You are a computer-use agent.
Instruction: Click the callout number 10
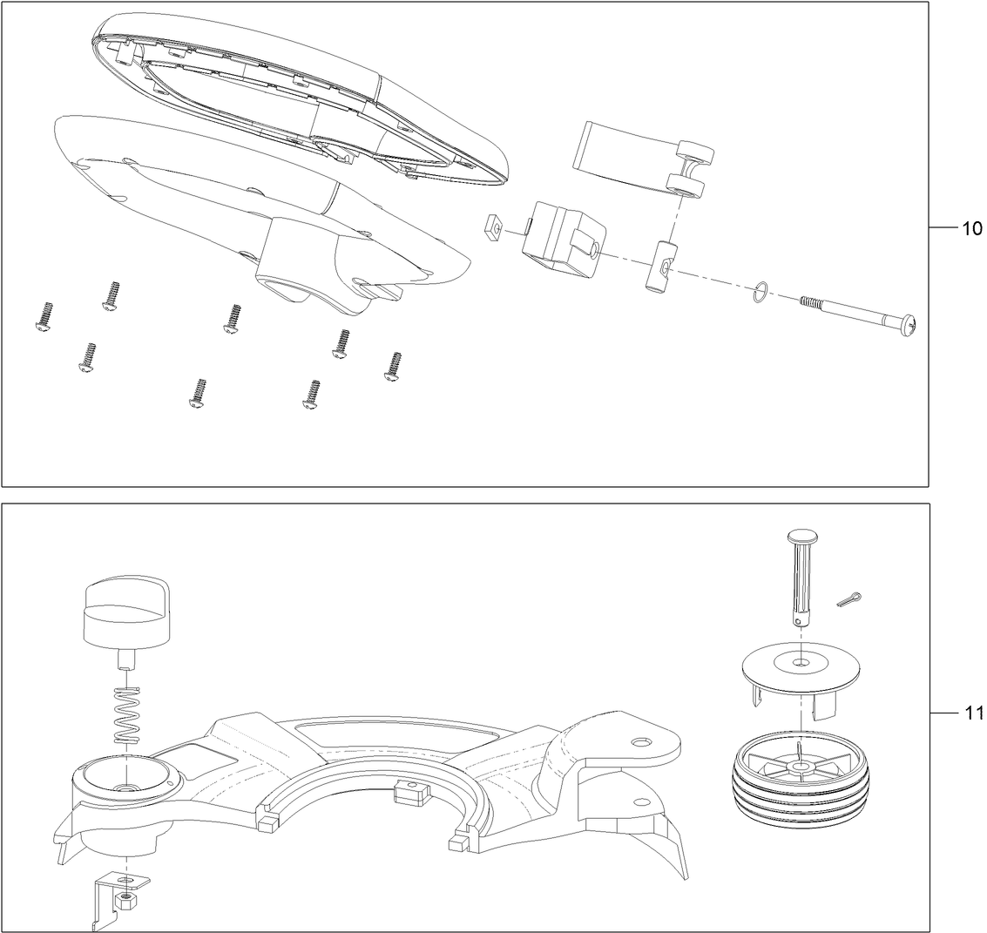[x=971, y=228]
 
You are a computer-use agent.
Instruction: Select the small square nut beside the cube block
[x=493, y=229]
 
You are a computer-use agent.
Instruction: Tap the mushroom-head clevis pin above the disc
[x=801, y=575]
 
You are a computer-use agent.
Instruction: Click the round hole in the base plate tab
[x=641, y=741]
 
